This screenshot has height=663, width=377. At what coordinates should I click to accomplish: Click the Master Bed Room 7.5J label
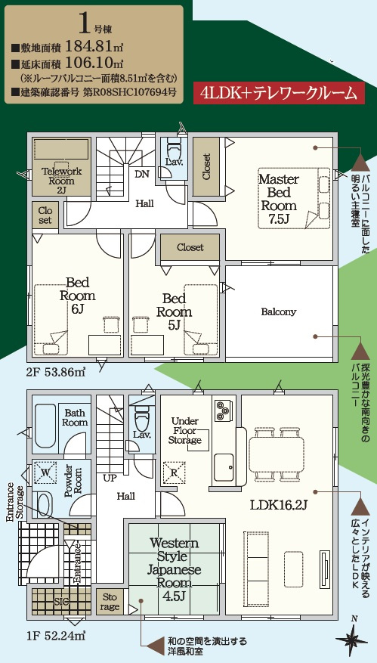coord(279,198)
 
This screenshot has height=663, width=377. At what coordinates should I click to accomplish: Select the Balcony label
coord(279,312)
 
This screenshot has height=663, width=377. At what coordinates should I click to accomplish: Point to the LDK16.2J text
coord(278,504)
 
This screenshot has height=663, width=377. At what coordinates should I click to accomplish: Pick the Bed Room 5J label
coord(174,312)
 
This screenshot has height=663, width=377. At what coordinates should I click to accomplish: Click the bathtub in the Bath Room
coord(45,426)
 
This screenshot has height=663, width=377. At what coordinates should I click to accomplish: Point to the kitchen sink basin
coord(224,468)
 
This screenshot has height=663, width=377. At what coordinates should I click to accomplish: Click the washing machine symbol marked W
coord(45,472)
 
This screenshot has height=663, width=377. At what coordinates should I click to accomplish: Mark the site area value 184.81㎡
coord(94,44)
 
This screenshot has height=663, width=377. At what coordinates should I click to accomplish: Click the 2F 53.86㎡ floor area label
coord(57,373)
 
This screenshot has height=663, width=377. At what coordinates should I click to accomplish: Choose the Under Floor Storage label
coord(184,430)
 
